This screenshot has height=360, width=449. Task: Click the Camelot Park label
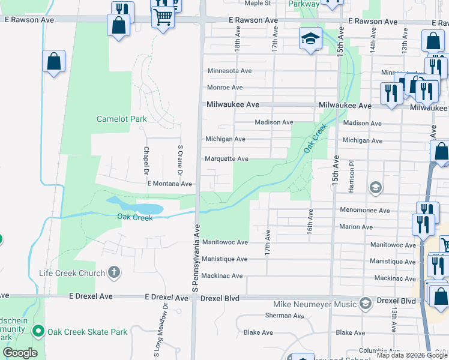click(x=121, y=119)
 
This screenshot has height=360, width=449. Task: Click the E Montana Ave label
click(x=169, y=184)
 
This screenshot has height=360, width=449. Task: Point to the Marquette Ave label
click(x=226, y=159)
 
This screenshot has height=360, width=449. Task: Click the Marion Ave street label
click(x=355, y=227)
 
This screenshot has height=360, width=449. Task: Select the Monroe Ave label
click(x=224, y=87)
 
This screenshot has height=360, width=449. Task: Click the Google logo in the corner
click(x=19, y=353)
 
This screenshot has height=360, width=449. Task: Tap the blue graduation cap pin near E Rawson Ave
click(x=310, y=40)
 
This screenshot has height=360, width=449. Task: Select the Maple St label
click(x=258, y=3)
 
